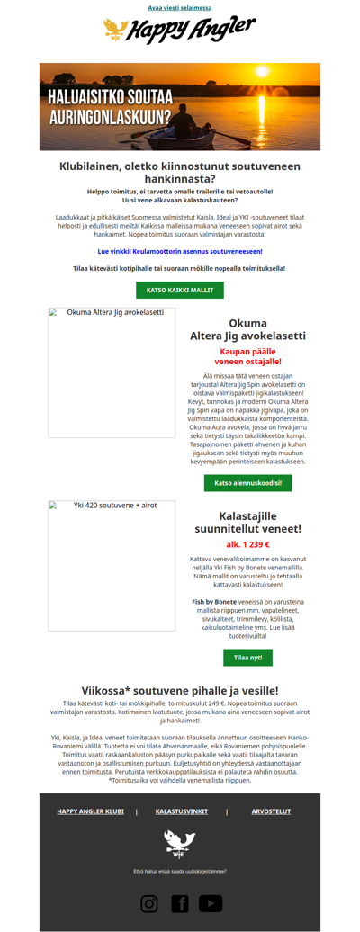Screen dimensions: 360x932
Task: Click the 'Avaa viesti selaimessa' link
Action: pyautogui.click(x=180, y=8)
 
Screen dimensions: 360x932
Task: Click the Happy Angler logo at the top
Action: pyautogui.click(x=180, y=31)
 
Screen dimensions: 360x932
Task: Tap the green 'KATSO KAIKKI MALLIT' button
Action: pyautogui.click(x=180, y=290)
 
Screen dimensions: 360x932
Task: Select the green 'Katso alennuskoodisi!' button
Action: pyautogui.click(x=247, y=483)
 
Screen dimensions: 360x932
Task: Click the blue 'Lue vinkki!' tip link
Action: pyautogui.click(x=180, y=251)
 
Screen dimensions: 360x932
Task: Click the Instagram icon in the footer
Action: pyautogui.click(x=149, y=903)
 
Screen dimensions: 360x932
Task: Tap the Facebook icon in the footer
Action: pyautogui.click(x=180, y=903)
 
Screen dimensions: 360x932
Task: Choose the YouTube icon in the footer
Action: pyautogui.click(x=211, y=903)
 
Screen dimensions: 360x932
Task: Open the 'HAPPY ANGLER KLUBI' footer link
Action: pyautogui.click(x=91, y=811)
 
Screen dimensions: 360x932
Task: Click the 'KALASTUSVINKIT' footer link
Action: pyautogui.click(x=182, y=811)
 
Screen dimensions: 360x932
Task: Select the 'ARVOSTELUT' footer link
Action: pyautogui.click(x=271, y=811)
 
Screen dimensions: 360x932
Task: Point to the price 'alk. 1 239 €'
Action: pyautogui.click(x=247, y=544)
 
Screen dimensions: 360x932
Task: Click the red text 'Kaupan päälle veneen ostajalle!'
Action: pyautogui.click(x=247, y=356)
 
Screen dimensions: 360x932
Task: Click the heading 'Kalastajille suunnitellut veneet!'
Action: pyautogui.click(x=247, y=523)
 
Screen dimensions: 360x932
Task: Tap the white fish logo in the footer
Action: pyautogui.click(x=180, y=843)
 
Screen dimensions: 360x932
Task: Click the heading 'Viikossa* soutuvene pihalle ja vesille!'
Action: pyautogui.click(x=180, y=690)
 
